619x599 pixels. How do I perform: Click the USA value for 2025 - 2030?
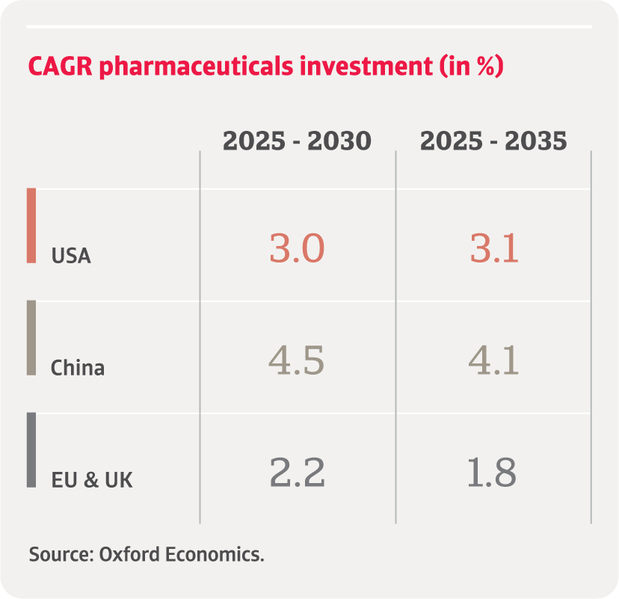point(297,248)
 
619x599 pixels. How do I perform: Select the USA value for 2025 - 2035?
point(494,248)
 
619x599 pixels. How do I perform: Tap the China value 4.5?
point(297,360)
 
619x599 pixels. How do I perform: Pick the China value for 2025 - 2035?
point(494,360)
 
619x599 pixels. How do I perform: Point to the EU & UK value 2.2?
point(297,473)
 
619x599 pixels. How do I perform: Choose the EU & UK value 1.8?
point(492,473)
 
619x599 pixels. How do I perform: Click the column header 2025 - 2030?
point(297,141)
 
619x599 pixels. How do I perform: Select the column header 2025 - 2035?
point(493,141)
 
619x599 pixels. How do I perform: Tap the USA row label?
point(71,256)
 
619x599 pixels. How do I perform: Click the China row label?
point(78,368)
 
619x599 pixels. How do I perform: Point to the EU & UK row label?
point(92,479)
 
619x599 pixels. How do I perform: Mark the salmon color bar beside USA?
point(31,226)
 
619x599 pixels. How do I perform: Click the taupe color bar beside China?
point(31,338)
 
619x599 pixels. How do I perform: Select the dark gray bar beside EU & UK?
point(31,450)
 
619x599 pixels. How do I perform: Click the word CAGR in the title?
point(61,67)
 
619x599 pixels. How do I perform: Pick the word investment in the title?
point(363,67)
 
